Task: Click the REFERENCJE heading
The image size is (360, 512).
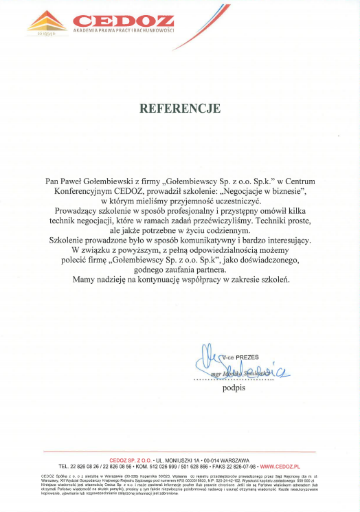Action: (x=180, y=109)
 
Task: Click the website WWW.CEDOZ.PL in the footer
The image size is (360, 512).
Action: (x=281, y=466)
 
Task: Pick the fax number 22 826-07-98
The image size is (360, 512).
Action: (x=236, y=466)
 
